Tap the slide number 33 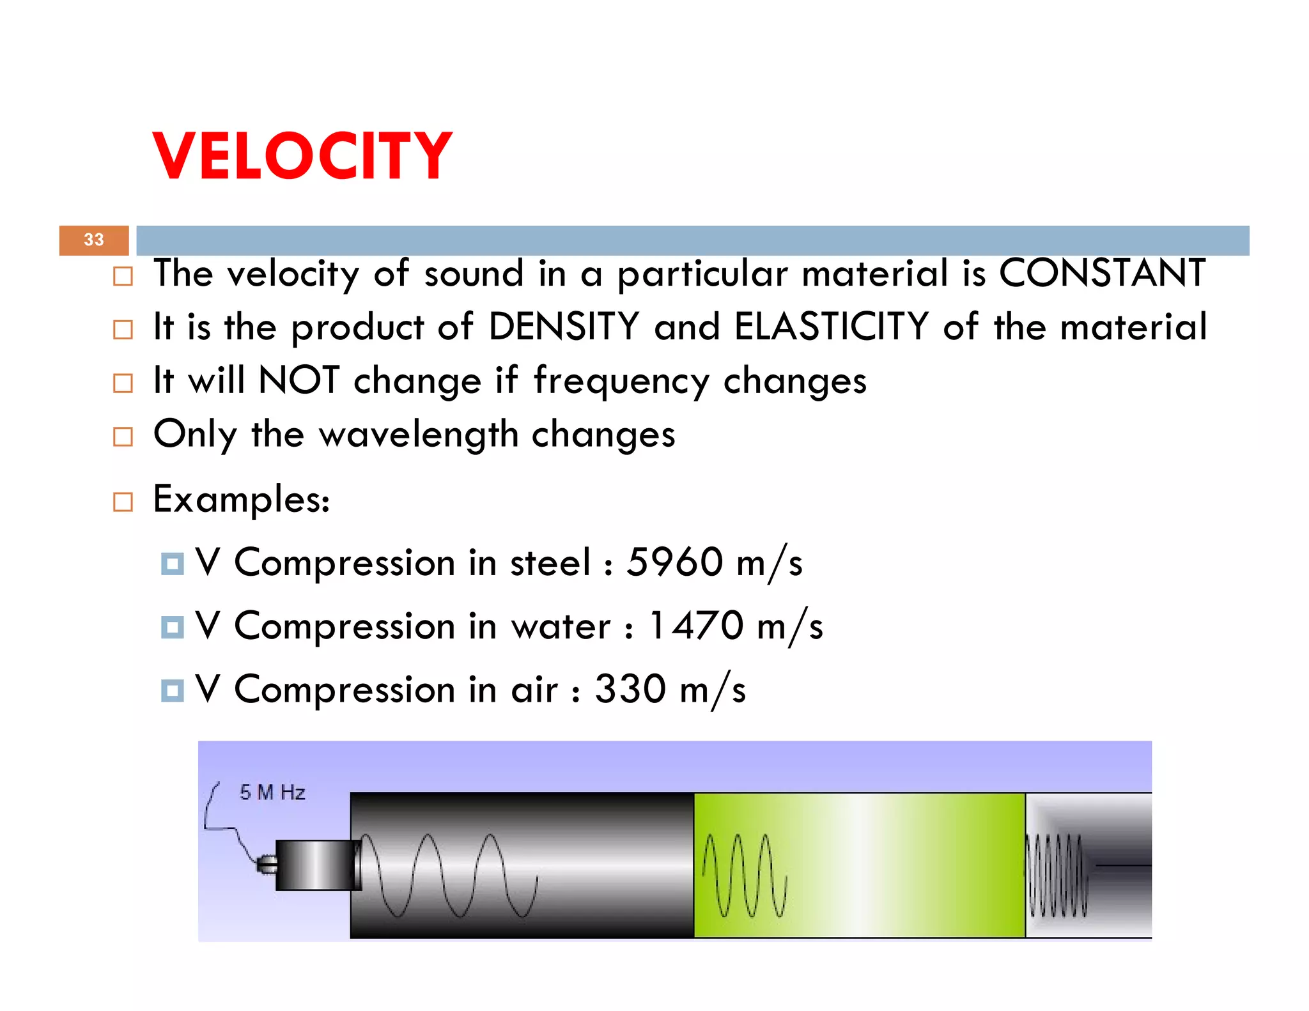click(x=94, y=240)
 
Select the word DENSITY click(x=563, y=327)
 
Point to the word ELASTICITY click(x=831, y=327)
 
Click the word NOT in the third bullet click(x=298, y=380)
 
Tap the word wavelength click(x=418, y=435)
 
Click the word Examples click(x=241, y=499)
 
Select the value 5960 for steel click(x=674, y=562)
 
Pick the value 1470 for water click(x=696, y=626)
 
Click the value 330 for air click(x=630, y=689)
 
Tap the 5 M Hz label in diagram click(x=272, y=792)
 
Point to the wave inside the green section click(x=745, y=875)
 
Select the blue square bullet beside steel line click(x=172, y=564)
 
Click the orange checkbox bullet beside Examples click(x=123, y=502)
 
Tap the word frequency click(x=621, y=382)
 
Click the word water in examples click(x=561, y=626)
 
